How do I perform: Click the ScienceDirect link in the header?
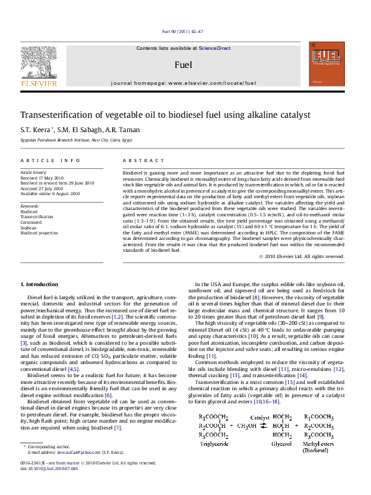point(214,48)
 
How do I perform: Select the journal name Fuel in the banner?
point(183,65)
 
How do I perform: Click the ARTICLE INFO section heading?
point(42,160)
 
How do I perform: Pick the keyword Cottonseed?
point(31,222)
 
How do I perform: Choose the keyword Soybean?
point(29,228)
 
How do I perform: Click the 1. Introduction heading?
point(40,284)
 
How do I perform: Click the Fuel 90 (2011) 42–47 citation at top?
point(182,31)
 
